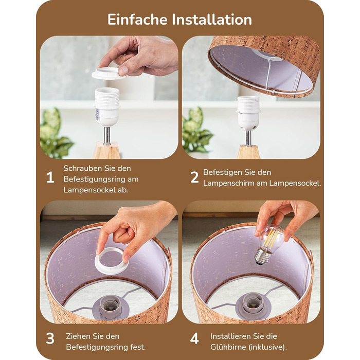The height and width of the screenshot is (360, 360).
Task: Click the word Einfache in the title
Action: pyautogui.click(x=137, y=20)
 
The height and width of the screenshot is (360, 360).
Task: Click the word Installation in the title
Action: pyautogui.click(x=212, y=20)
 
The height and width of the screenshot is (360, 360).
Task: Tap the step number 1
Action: pyautogui.click(x=50, y=177)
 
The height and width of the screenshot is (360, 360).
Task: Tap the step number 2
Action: pyautogui.click(x=194, y=177)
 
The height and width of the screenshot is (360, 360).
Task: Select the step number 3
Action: pyautogui.click(x=50, y=338)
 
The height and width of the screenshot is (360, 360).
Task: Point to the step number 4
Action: pyautogui.click(x=194, y=338)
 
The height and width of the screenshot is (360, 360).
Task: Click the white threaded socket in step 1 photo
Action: pyautogui.click(x=107, y=106)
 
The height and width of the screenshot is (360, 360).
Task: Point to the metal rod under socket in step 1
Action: pyautogui.click(x=107, y=135)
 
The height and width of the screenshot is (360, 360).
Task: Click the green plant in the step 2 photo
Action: pyautogui.click(x=196, y=130)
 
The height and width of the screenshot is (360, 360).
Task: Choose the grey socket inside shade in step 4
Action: pyautogui.click(x=253, y=305)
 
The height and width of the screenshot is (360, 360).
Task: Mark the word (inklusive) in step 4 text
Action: pyautogui.click(x=268, y=347)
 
